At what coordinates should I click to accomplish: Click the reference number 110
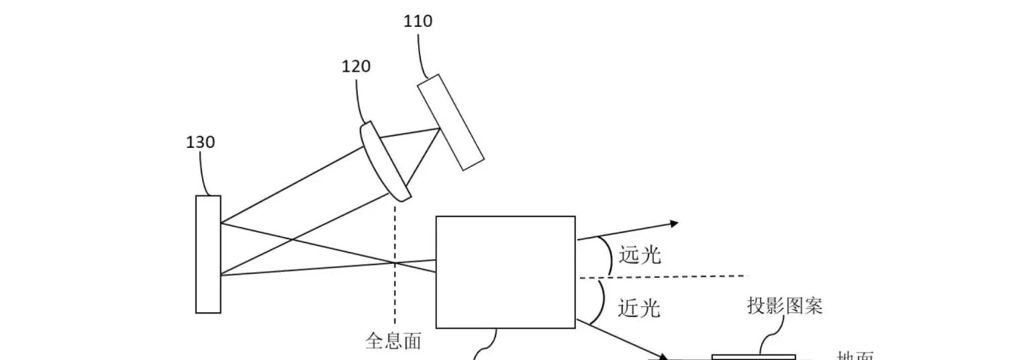pos(418,21)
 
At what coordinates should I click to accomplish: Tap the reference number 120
pos(356,66)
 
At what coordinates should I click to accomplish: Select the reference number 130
pos(200,142)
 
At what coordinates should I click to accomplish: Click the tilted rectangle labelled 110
pos(450,122)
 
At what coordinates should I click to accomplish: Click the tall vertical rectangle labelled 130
pos(208,254)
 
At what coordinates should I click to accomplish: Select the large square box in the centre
pos(505,271)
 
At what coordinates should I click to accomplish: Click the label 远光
pos(640,255)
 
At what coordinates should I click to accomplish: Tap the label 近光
pos(638,308)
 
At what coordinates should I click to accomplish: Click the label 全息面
pos(393,341)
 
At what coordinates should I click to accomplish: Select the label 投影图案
pos(785,306)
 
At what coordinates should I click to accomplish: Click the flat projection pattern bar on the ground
pos(753,357)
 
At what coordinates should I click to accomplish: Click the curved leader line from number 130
pos(204,172)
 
